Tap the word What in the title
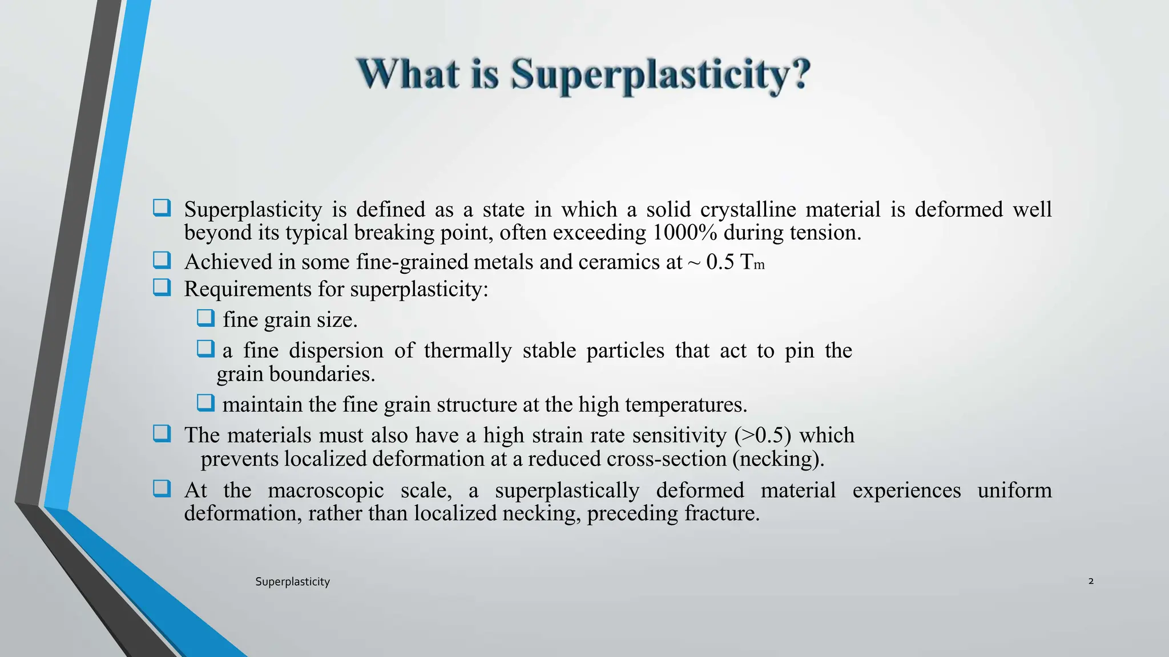(x=409, y=75)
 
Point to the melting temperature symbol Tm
(x=752, y=262)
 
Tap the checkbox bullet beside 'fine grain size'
(x=205, y=318)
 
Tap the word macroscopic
(x=325, y=490)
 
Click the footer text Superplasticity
(x=292, y=582)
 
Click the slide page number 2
(x=1091, y=581)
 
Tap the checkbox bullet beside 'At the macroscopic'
(x=162, y=489)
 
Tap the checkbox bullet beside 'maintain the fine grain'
(x=205, y=403)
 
